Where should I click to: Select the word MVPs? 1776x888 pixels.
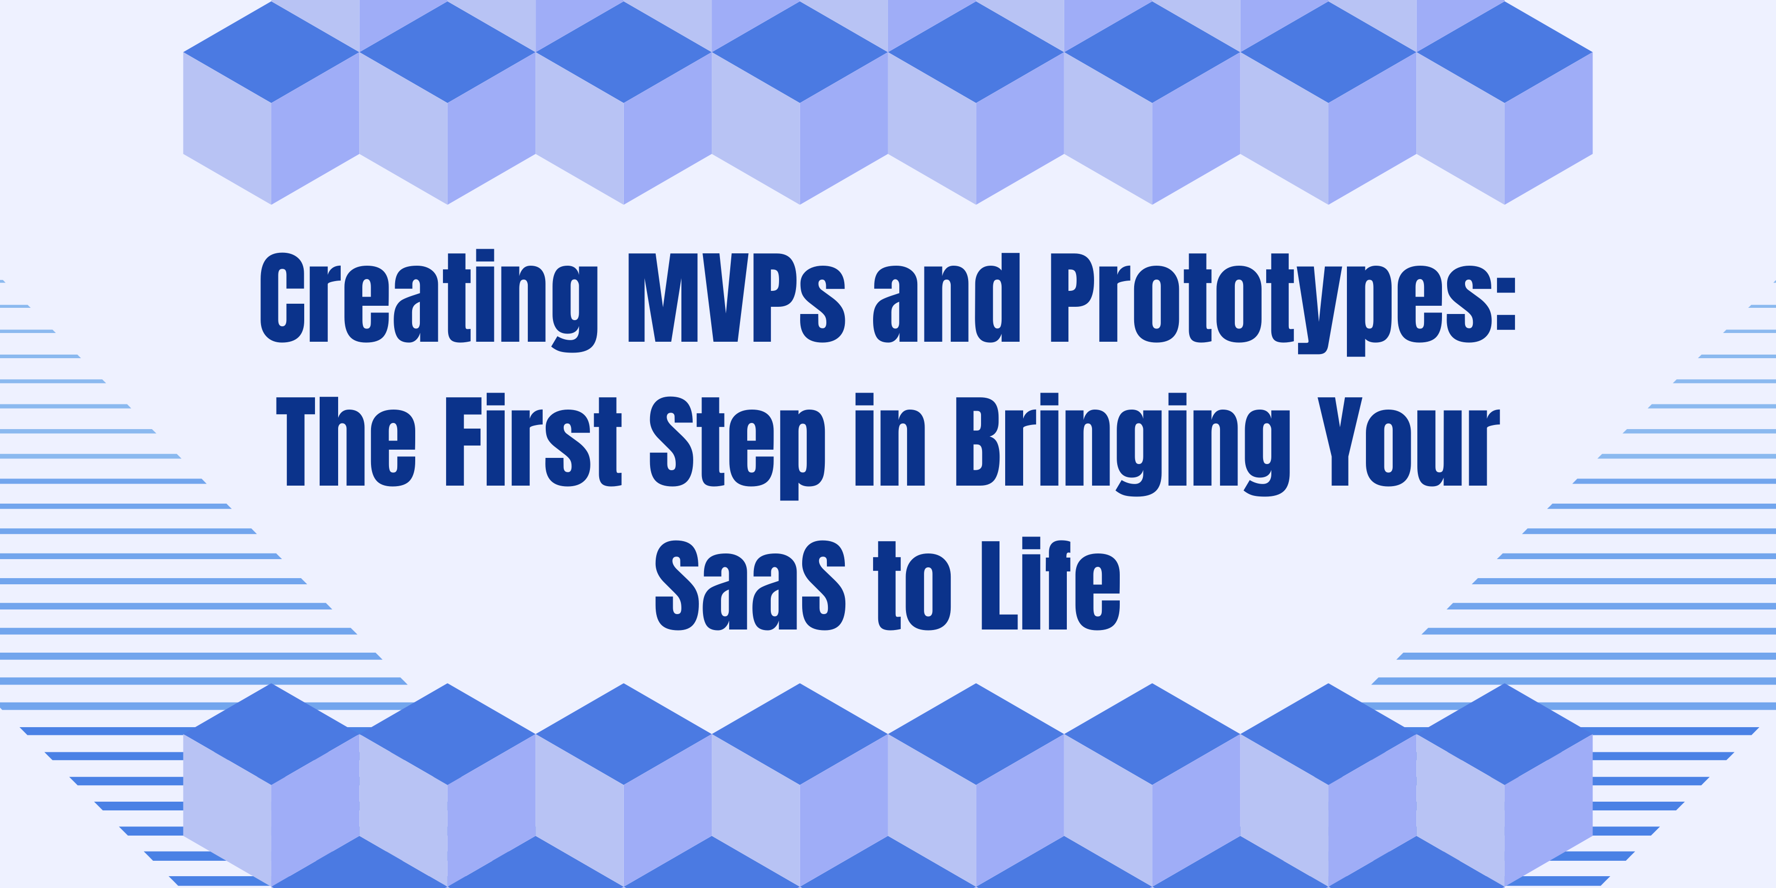(x=736, y=298)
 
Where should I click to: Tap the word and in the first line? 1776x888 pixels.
(x=946, y=298)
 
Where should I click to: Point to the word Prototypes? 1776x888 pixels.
(x=1269, y=300)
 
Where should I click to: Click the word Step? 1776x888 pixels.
(x=737, y=445)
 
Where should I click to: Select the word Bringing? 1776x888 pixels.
(x=1122, y=445)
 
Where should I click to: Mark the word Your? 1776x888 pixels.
(x=1409, y=442)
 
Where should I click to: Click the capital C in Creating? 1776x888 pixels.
(x=282, y=298)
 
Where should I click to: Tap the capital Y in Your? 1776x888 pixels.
(x=1340, y=442)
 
